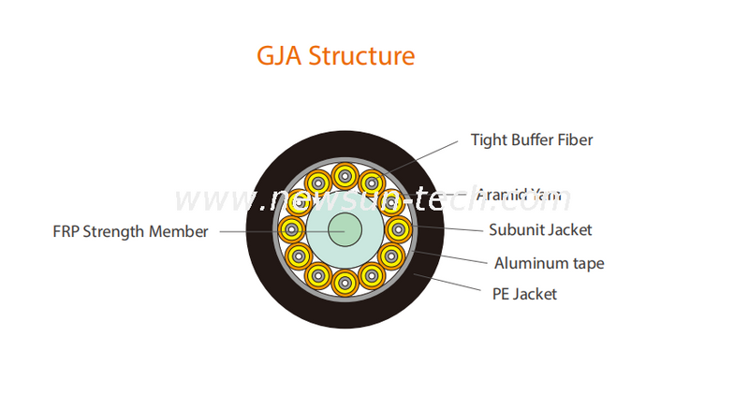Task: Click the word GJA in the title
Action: tap(279, 56)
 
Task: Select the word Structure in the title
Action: tap(361, 56)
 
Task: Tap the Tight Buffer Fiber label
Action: tap(531, 140)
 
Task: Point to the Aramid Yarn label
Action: tap(519, 195)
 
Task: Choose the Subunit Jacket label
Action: tap(540, 229)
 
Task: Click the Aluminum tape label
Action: tap(549, 263)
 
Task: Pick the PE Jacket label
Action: tap(524, 294)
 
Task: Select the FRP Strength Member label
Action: tap(130, 231)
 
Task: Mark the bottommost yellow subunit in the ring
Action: tap(345, 281)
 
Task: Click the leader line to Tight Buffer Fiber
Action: tap(421, 155)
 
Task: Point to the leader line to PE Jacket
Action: tap(449, 283)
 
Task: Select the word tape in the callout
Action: tap(586, 263)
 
